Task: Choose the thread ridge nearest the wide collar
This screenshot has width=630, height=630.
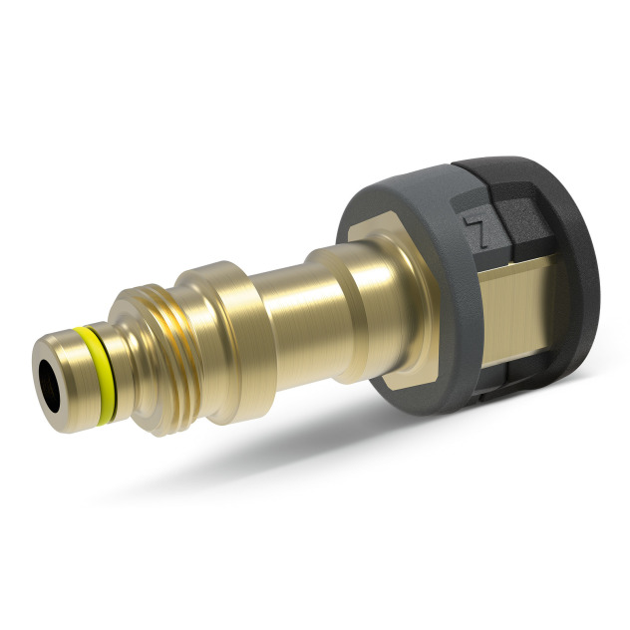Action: (184, 329)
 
